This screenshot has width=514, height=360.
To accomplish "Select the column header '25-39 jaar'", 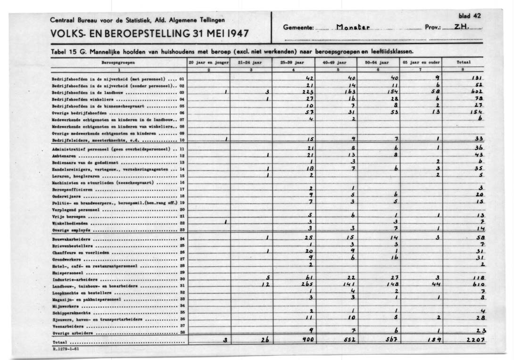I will coord(293,62).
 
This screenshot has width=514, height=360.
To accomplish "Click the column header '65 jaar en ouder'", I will coord(421,62).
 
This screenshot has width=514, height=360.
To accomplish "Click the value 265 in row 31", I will coord(308,285).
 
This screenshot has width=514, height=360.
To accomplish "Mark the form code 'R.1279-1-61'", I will coord(66,349).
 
